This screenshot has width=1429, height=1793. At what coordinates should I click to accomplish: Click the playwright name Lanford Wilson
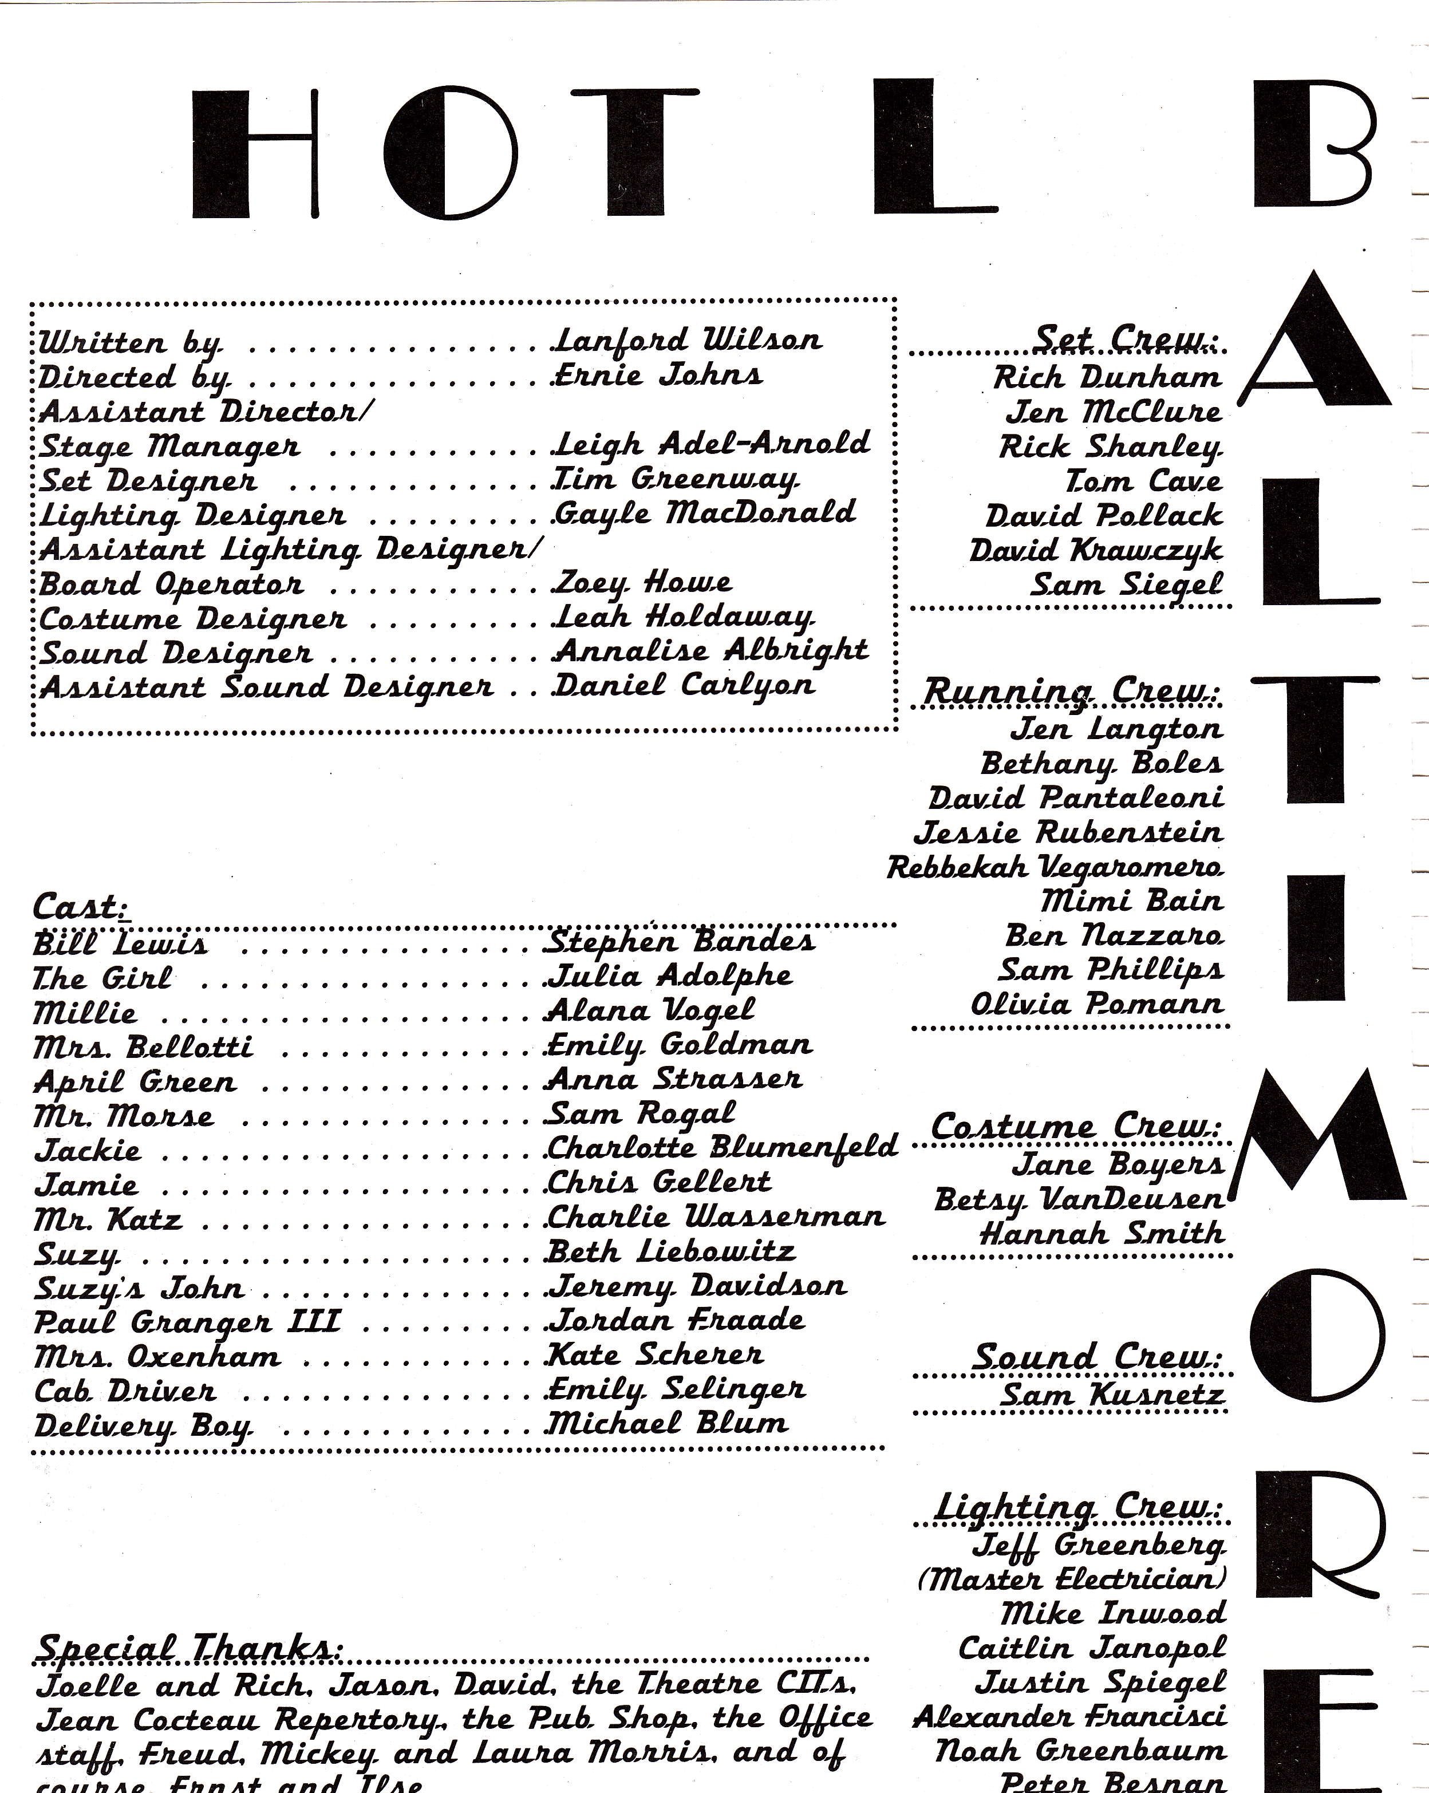687,339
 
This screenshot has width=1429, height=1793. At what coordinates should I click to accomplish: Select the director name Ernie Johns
657,375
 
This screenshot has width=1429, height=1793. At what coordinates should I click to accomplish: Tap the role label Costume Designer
193,619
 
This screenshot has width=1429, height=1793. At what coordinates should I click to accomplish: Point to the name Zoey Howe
642,583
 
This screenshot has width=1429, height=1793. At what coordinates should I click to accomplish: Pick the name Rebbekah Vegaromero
1055,867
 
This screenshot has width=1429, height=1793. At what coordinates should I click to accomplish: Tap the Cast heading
78,906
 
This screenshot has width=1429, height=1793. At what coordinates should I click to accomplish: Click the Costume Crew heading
1075,1127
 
